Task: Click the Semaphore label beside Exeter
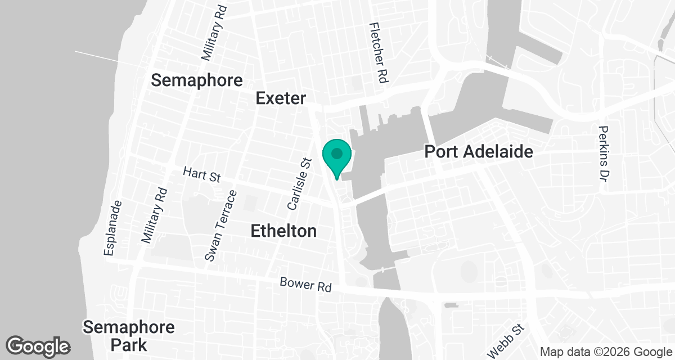[197, 80]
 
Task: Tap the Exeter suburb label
[281, 98]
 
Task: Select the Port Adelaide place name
[478, 152]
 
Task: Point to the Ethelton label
[283, 231]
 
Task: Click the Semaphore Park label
[129, 335]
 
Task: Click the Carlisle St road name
[299, 183]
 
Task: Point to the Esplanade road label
[111, 228]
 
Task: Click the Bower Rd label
[305, 285]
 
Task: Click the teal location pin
[337, 155]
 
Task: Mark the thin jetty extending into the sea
[96, 55]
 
